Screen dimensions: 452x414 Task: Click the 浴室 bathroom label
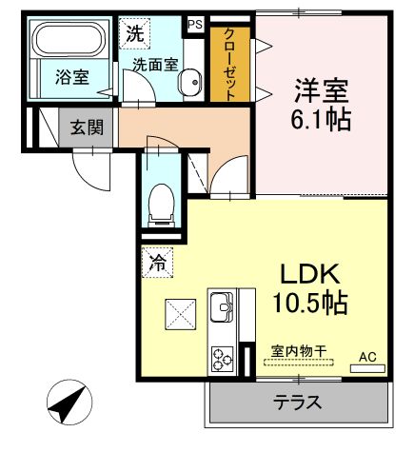tap(71, 78)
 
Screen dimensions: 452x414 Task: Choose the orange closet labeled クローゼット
tap(230, 62)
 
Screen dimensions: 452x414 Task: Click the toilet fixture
tap(162, 202)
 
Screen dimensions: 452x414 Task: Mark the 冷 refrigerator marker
tap(156, 261)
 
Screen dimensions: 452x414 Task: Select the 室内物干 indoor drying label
tap(297, 352)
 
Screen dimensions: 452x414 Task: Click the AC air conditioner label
tap(367, 357)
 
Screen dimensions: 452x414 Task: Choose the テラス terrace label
tap(297, 402)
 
